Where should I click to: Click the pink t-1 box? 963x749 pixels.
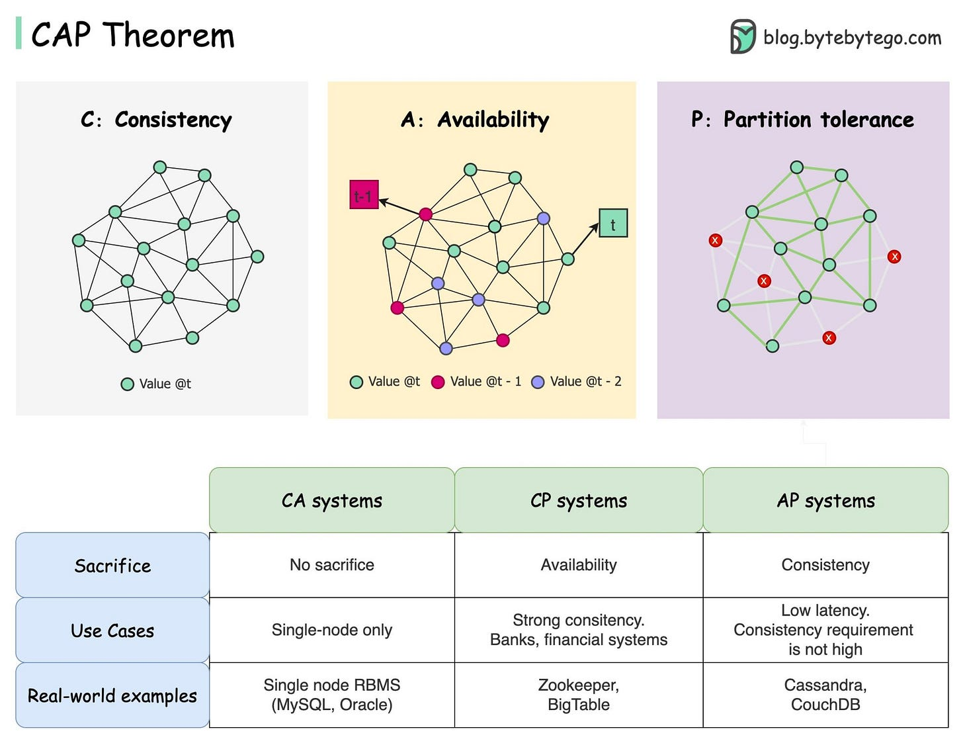[x=364, y=195]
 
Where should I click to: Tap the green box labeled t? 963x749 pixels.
[x=613, y=224]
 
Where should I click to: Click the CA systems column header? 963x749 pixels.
[x=332, y=500]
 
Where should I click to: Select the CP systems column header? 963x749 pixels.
[x=579, y=500]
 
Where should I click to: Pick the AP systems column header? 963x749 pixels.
[x=825, y=500]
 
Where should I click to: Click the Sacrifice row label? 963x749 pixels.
[x=112, y=565]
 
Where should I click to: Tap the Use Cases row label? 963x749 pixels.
[x=112, y=630]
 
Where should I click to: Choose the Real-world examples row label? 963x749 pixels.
[x=112, y=695]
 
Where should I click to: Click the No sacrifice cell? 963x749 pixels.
[x=332, y=565]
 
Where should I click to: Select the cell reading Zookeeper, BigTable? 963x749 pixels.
[x=579, y=695]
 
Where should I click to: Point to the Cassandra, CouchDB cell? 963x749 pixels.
[x=825, y=695]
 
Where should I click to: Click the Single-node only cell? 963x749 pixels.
[x=332, y=630]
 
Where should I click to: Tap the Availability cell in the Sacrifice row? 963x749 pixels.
[x=579, y=565]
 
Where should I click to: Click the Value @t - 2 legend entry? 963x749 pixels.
[x=577, y=382]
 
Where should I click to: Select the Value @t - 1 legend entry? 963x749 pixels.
[x=476, y=382]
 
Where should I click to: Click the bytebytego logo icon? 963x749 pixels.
[x=743, y=36]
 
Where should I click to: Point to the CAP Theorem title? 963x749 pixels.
[x=133, y=35]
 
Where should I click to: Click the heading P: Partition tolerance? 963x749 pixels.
[x=802, y=120]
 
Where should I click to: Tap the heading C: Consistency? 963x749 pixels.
[x=157, y=120]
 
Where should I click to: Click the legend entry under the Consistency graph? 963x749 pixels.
[x=157, y=384]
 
